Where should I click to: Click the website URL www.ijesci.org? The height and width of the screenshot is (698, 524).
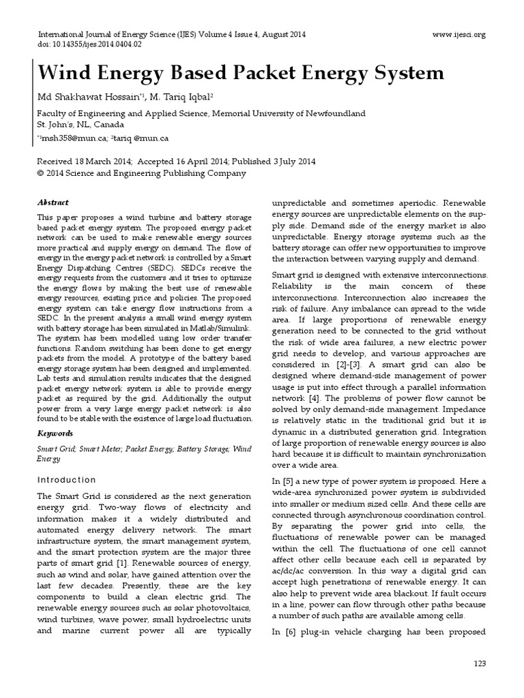coord(459,34)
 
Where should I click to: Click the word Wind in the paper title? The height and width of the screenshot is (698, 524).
coord(65,73)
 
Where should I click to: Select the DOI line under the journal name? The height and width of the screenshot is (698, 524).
coord(89,44)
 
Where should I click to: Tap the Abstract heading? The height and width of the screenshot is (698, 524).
coord(53,202)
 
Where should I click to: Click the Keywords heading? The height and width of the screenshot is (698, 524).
coord(55,434)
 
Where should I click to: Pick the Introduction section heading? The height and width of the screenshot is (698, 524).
coord(66,480)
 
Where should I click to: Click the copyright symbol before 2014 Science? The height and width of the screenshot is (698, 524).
coord(40,174)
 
